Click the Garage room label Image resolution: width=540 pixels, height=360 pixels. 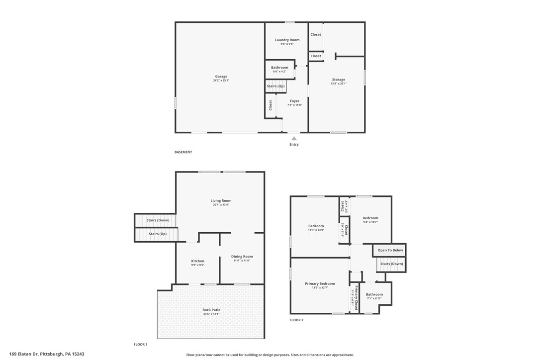(x=221, y=77)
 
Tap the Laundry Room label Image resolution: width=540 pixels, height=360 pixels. (x=287, y=40)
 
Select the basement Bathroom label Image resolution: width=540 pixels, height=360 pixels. (x=279, y=68)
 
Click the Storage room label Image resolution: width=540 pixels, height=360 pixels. (x=339, y=80)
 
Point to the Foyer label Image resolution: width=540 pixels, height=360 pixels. (x=294, y=101)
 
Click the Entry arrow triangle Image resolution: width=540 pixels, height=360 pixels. (x=294, y=139)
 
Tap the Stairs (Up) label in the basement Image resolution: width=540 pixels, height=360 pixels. (x=275, y=87)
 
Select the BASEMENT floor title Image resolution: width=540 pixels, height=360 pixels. (x=183, y=152)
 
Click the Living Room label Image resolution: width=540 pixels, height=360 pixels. (x=221, y=201)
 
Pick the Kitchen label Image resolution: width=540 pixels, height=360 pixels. (x=197, y=261)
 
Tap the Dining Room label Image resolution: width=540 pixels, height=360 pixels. (x=242, y=257)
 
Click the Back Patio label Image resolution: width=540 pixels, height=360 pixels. (x=211, y=310)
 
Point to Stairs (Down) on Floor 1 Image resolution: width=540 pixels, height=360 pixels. (x=158, y=220)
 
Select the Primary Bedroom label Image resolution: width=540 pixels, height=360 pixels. (x=320, y=284)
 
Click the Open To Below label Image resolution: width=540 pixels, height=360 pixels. (x=390, y=250)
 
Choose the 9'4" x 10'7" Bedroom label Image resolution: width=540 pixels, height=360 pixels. (x=370, y=218)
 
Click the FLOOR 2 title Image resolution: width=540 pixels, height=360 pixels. (x=296, y=320)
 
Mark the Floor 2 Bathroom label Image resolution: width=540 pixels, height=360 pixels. (x=374, y=294)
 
